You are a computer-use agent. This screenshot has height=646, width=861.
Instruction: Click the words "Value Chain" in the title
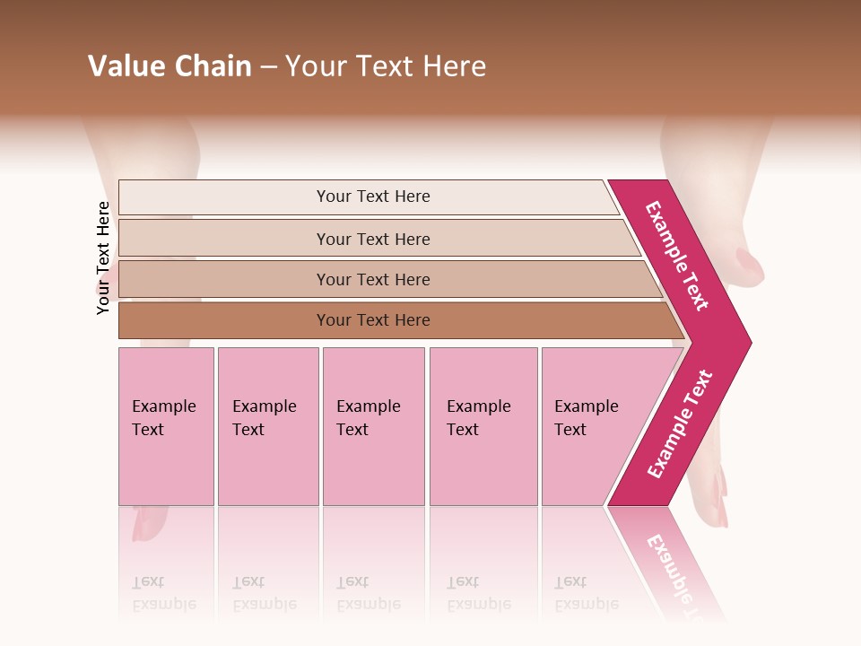pyautogui.click(x=170, y=66)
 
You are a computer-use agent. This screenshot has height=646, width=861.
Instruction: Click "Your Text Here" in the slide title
pyautogui.click(x=386, y=66)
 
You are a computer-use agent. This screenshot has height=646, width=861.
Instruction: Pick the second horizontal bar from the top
pyautogui.click(x=372, y=239)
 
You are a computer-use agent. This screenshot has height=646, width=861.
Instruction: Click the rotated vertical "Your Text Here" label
pyautogui.click(x=103, y=258)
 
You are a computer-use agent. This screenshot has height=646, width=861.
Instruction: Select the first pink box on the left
pyautogui.click(x=166, y=426)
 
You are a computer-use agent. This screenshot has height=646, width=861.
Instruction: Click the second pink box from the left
pyautogui.click(x=267, y=426)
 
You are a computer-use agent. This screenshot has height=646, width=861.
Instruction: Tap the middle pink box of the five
pyautogui.click(x=373, y=426)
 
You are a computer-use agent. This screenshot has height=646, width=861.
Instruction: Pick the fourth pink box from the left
pyautogui.click(x=483, y=426)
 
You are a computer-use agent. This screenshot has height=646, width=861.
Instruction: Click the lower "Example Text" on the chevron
pyautogui.click(x=680, y=423)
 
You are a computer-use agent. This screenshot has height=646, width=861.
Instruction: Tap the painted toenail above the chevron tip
pyautogui.click(x=749, y=265)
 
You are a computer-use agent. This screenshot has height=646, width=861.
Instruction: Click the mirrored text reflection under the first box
pyautogui.click(x=163, y=593)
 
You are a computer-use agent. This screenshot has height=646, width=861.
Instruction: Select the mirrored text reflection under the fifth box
pyautogui.click(x=587, y=593)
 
